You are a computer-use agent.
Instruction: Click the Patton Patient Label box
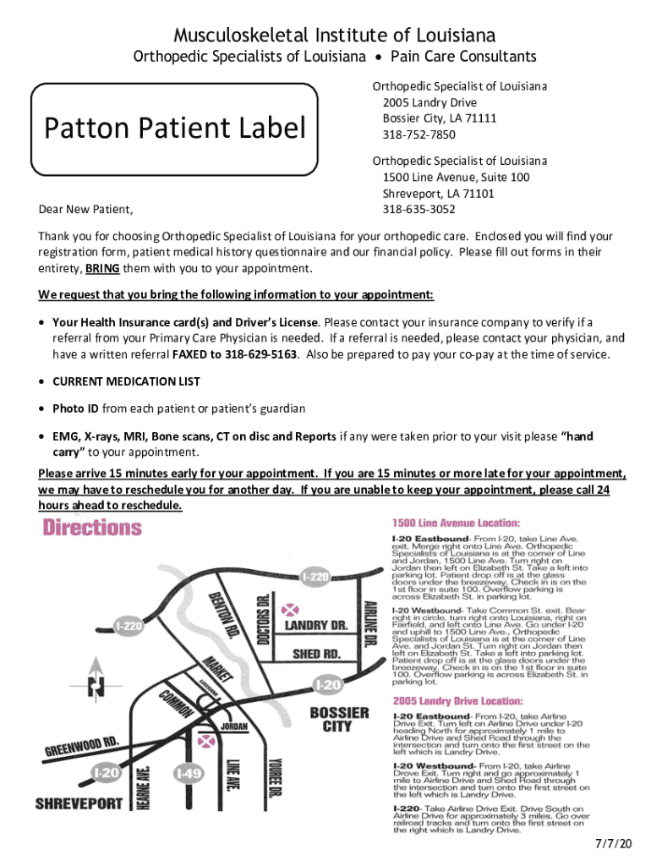pyautogui.click(x=175, y=129)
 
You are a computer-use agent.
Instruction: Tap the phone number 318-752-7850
pyautogui.click(x=418, y=134)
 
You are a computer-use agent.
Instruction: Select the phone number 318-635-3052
pyautogui.click(x=418, y=209)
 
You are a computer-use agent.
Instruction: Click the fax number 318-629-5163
pyautogui.click(x=260, y=354)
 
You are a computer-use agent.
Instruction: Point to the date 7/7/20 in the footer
pyautogui.click(x=612, y=844)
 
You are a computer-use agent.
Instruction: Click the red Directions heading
pyautogui.click(x=93, y=529)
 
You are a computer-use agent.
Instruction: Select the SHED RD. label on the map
pyautogui.click(x=317, y=654)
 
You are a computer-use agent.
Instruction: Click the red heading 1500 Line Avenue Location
pyautogui.click(x=456, y=523)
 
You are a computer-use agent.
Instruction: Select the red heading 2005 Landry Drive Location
pyautogui.click(x=457, y=701)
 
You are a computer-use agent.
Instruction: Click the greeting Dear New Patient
pyautogui.click(x=88, y=210)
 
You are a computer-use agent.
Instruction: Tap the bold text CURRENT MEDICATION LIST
pyautogui.click(x=126, y=381)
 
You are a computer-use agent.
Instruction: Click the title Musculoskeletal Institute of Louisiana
pyautogui.click(x=334, y=35)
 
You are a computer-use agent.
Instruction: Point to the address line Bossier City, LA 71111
pyautogui.click(x=439, y=118)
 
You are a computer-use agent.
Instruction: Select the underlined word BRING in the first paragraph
pyautogui.click(x=101, y=269)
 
